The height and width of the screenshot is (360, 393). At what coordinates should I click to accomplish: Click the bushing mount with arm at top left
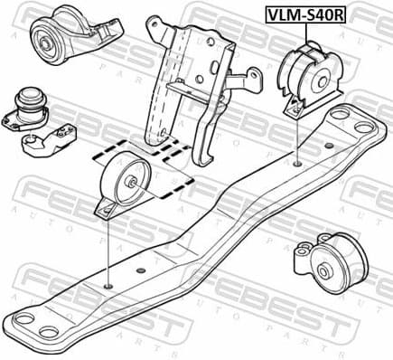point(72,41)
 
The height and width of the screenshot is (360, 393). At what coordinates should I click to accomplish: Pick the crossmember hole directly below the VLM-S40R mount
point(298,164)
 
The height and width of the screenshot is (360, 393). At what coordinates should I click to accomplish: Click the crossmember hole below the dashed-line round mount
point(108,287)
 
